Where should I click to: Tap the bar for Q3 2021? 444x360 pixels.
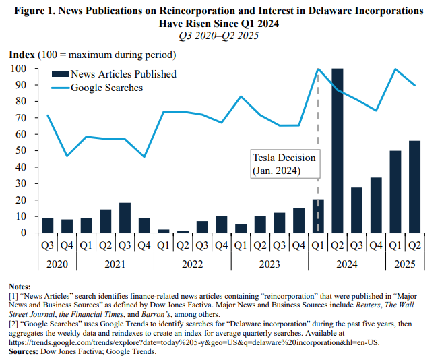125,218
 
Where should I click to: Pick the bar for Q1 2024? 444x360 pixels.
318,216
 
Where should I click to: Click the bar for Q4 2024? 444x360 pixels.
376,205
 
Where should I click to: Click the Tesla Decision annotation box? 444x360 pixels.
284,164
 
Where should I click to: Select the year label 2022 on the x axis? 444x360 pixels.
192,265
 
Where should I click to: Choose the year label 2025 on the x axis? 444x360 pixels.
405,265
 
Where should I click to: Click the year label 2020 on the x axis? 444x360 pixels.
57,265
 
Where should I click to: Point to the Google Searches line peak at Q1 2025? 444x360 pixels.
395,69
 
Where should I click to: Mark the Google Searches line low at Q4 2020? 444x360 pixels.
67,156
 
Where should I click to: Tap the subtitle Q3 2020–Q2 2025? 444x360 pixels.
222,35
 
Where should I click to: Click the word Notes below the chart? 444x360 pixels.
22,287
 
